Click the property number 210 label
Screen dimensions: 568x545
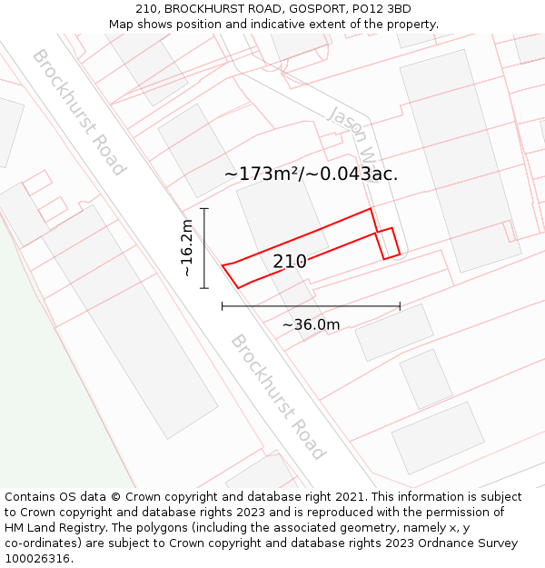[x=290, y=262]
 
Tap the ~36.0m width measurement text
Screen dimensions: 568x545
[x=311, y=324]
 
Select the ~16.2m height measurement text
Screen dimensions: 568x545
[x=187, y=248]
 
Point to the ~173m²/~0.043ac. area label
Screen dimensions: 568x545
[x=311, y=174]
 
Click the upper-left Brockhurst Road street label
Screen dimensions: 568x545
[x=79, y=111]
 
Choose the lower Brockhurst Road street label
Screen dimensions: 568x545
[x=277, y=396]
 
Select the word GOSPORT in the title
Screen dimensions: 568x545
[x=322, y=9]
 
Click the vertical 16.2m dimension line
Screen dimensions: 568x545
[x=204, y=248]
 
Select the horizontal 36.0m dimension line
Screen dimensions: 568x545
[x=311, y=306]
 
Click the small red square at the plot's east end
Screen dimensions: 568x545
[x=389, y=244]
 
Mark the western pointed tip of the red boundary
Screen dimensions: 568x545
[x=223, y=264]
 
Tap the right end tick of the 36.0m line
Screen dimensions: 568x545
[x=400, y=306]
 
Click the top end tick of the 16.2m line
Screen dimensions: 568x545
[x=204, y=209]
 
